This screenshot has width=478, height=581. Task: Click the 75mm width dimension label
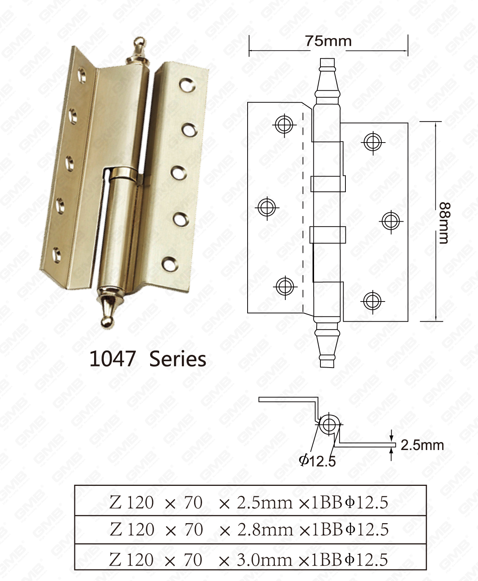click(328, 41)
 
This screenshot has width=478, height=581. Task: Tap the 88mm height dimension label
click(444, 223)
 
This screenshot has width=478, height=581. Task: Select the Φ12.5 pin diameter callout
click(317, 460)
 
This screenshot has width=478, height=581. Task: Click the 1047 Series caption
click(148, 359)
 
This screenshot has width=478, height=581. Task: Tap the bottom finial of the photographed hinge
click(108, 307)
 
